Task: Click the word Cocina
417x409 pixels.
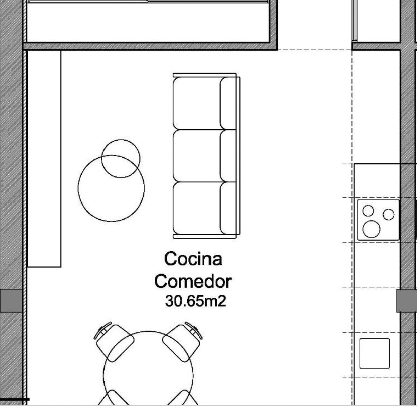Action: point(193,259)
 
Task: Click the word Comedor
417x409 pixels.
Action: point(193,281)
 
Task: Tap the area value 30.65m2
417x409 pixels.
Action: point(195,301)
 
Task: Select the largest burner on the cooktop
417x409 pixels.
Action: point(371,229)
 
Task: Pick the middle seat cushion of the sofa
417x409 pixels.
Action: point(197,156)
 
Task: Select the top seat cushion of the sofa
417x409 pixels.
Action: point(197,104)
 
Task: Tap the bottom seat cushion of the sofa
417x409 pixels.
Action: point(197,208)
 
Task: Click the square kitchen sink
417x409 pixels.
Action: point(375,353)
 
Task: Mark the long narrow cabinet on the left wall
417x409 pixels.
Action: point(44,159)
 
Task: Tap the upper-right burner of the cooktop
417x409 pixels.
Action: point(388,215)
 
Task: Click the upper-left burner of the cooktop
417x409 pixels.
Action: point(368,211)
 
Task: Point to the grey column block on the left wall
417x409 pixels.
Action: point(11,301)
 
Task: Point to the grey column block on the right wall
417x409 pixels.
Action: point(406,301)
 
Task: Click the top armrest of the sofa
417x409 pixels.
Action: point(204,75)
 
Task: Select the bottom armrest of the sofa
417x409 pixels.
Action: point(204,237)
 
